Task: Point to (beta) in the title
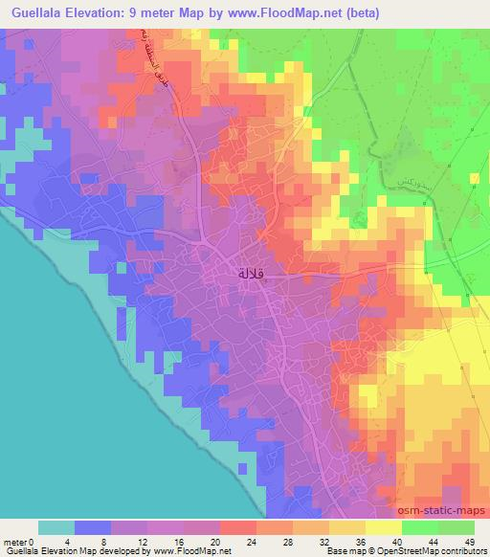(361, 12)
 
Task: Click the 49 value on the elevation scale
(469, 542)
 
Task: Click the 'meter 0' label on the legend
(18, 542)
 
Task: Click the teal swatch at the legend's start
(56, 527)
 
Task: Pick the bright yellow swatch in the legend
(382, 527)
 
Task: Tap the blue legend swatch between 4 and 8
(92, 527)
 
